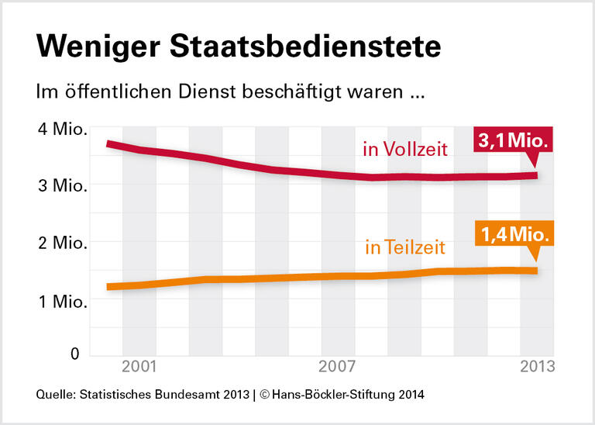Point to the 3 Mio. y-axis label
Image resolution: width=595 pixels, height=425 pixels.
[x=63, y=186]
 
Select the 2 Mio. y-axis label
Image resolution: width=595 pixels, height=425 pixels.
[x=63, y=243]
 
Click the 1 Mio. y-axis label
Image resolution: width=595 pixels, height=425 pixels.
[x=63, y=299]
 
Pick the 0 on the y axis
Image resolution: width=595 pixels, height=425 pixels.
[x=75, y=354]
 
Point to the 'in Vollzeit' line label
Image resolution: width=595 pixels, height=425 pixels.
[x=404, y=149]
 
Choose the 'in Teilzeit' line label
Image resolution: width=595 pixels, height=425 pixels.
[x=404, y=247]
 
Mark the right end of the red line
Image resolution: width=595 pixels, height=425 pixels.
[x=535, y=175]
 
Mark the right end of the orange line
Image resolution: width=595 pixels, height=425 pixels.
[x=535, y=271]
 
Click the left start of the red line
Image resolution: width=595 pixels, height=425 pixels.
[x=108, y=144]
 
